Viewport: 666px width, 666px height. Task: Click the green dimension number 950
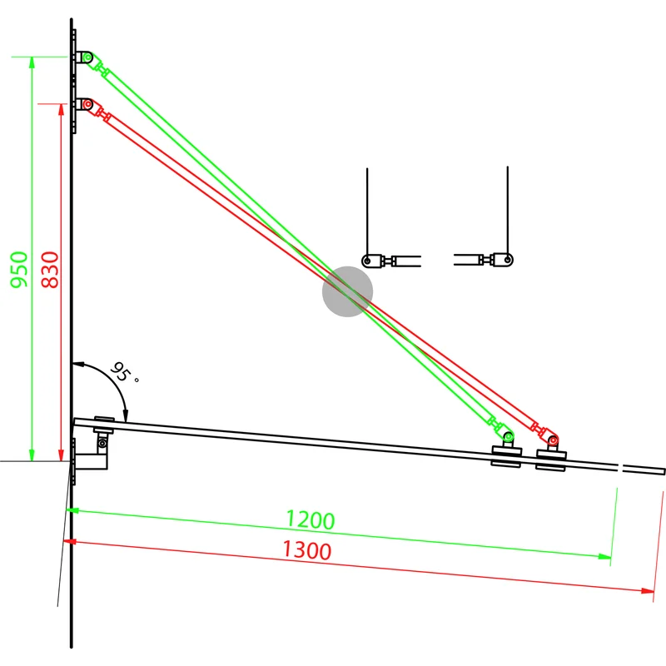click(19, 270)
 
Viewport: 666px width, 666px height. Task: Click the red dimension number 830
click(50, 270)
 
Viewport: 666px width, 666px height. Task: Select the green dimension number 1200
click(310, 519)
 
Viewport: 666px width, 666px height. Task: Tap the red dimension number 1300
click(306, 550)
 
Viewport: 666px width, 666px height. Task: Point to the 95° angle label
click(123, 372)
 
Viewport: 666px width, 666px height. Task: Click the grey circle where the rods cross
click(347, 291)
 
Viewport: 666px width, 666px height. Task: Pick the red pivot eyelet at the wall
click(88, 104)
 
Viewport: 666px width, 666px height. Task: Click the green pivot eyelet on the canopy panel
click(509, 436)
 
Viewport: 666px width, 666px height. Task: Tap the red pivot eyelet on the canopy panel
click(553, 440)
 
